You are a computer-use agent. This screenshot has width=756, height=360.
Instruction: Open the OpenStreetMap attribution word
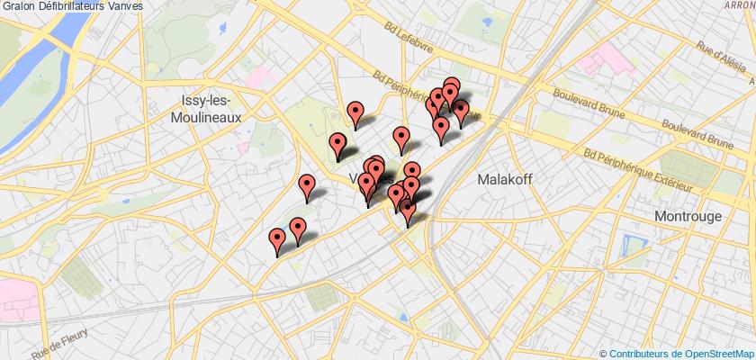[715, 353]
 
